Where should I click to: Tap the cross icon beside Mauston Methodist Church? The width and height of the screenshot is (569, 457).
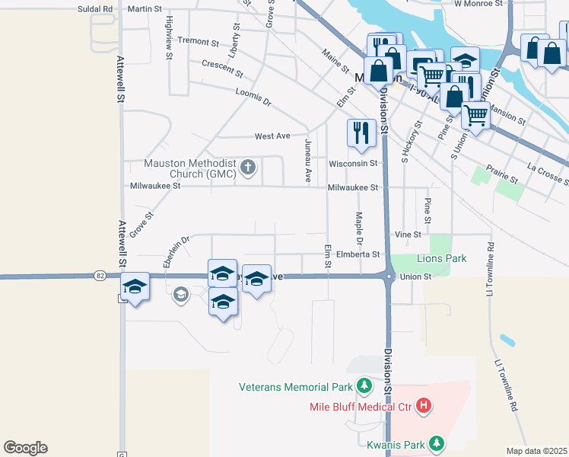tap(247, 166)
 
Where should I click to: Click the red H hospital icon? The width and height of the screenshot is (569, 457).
tap(424, 407)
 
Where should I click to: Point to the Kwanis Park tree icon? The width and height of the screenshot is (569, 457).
tap(436, 442)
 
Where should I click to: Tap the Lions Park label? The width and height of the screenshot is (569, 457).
tap(441, 259)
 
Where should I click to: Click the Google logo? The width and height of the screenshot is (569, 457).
tap(25, 447)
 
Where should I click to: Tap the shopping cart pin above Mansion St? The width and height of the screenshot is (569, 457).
tap(475, 115)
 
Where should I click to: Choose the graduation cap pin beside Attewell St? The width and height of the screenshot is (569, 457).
tap(135, 287)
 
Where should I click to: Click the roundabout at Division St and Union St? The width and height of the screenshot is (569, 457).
tap(388, 276)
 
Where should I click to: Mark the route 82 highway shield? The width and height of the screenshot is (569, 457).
tap(100, 275)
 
